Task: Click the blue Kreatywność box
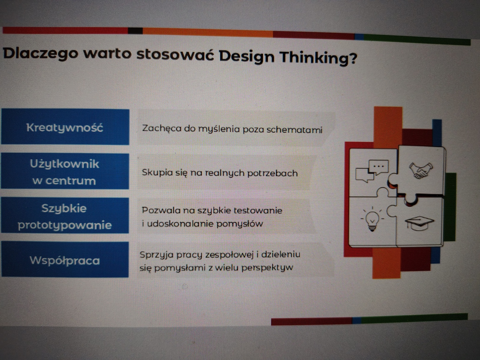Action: [65, 127]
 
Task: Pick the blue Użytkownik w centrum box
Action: [65, 171]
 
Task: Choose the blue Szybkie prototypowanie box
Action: [65, 215]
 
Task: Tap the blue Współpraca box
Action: [65, 259]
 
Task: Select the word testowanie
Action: [258, 210]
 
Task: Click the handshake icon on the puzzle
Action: [421, 170]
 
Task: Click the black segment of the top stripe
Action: [135, 31]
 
